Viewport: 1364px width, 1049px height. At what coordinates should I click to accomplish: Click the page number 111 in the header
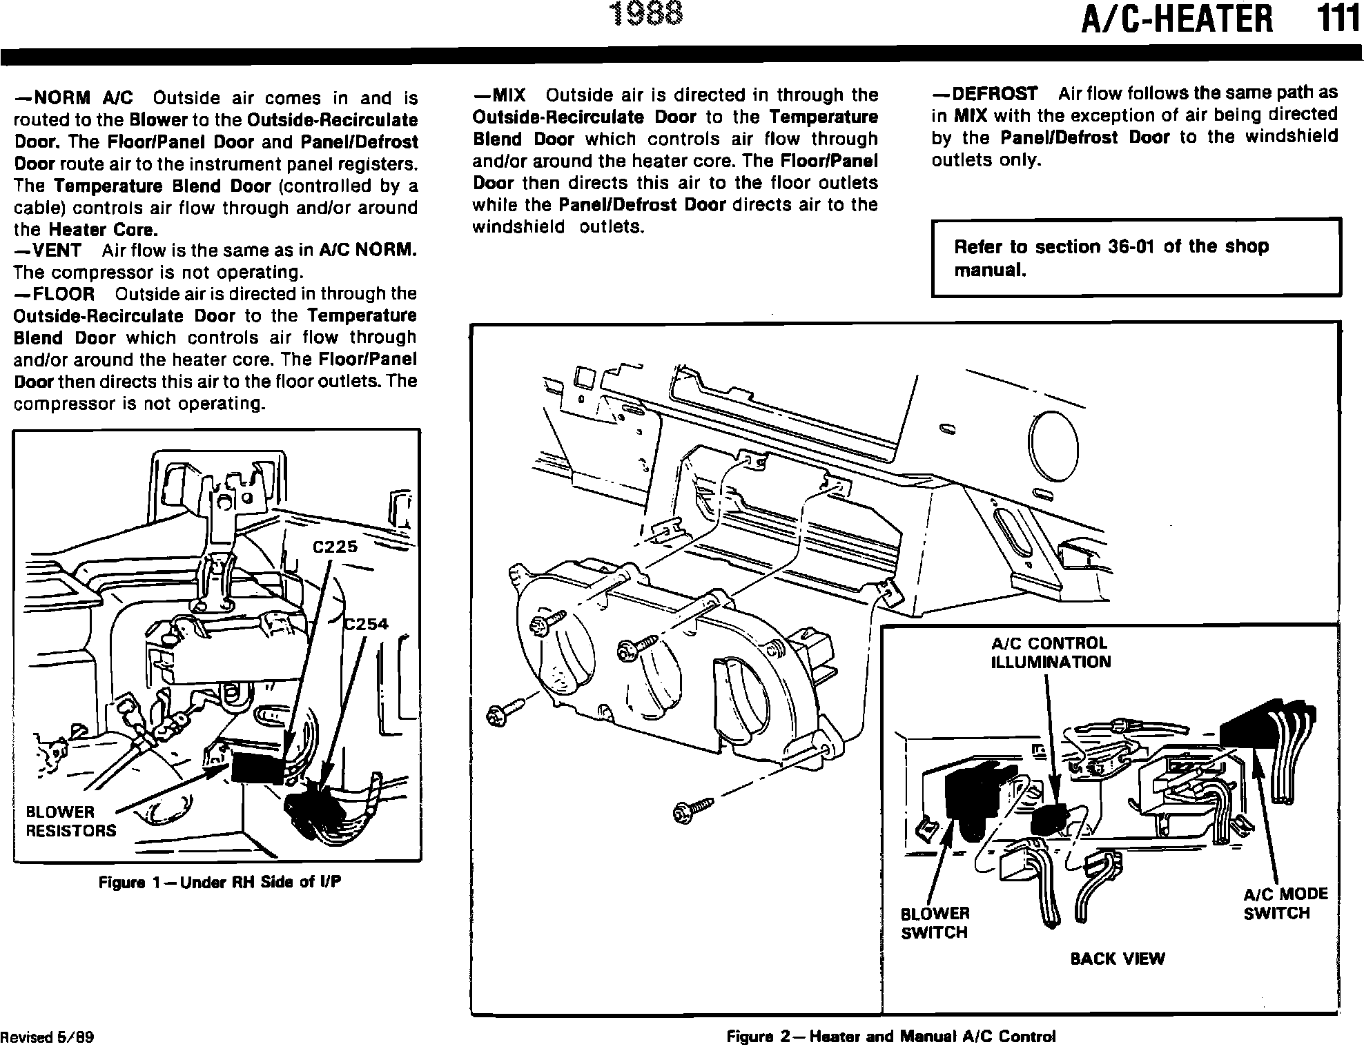pyautogui.click(x=1338, y=19)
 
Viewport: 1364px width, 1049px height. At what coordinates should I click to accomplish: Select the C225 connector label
pyautogui.click(x=335, y=547)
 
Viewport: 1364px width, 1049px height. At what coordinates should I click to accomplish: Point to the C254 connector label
pyautogui.click(x=367, y=625)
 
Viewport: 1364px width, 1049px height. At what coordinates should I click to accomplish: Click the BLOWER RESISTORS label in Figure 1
pyautogui.click(x=70, y=821)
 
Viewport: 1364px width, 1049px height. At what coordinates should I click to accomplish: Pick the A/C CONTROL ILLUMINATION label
pyautogui.click(x=1051, y=653)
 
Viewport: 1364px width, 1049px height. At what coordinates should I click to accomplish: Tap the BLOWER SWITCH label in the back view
pyautogui.click(x=935, y=923)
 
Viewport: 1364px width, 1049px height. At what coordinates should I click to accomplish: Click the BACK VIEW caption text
pyautogui.click(x=1117, y=959)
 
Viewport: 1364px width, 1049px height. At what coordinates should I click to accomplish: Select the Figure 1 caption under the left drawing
pyautogui.click(x=220, y=882)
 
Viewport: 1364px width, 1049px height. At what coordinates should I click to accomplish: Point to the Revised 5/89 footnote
pyautogui.click(x=47, y=1037)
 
